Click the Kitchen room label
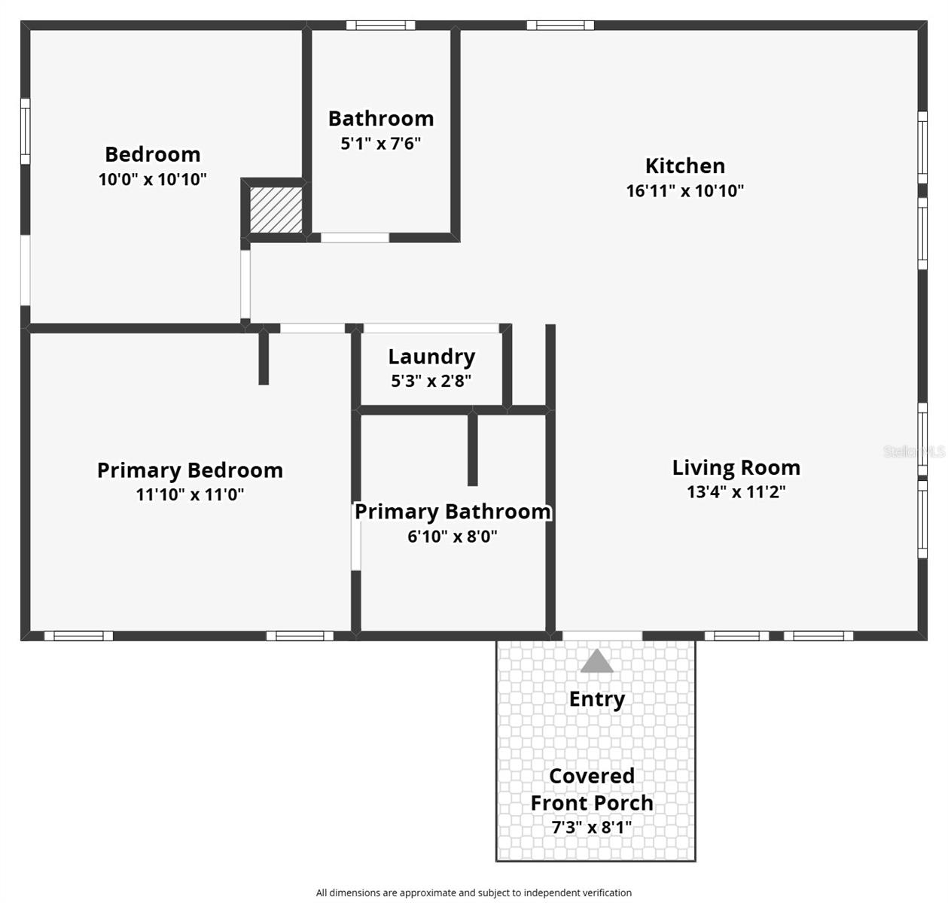[684, 166]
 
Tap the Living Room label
[736, 467]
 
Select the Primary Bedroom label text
[190, 470]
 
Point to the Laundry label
[431, 357]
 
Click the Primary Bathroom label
[453, 512]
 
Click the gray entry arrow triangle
[597, 661]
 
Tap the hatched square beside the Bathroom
[276, 209]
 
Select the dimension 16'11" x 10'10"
[684, 191]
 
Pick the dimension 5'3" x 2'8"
[431, 382]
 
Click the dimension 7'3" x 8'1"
[592, 828]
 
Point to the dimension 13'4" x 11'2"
[736, 492]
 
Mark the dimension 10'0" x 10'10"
[152, 180]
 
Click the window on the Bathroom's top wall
[380, 26]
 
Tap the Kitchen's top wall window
[560, 26]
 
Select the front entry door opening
[602, 636]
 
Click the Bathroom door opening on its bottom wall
[355, 238]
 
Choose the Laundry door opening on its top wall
[431, 328]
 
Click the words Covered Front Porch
[592, 789]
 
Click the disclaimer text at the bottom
[474, 892]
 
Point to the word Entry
[596, 699]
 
